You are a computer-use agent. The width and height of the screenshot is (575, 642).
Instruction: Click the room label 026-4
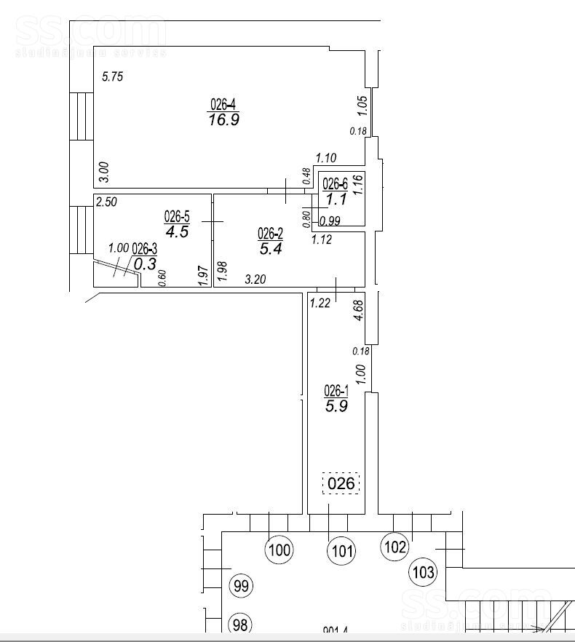[223, 105]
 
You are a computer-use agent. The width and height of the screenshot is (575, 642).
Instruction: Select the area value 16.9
[223, 120]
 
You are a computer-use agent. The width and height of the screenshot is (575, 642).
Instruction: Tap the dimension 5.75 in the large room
[114, 77]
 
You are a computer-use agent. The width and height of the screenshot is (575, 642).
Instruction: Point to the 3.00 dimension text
[104, 172]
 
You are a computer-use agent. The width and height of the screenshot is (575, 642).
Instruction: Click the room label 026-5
[176, 216]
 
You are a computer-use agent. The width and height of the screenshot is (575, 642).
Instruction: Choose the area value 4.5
[177, 232]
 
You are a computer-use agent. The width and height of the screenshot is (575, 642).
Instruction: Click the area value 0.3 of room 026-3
[146, 264]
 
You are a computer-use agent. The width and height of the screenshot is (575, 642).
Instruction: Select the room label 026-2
[271, 233]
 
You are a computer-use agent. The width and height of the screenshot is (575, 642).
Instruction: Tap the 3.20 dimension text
[255, 278]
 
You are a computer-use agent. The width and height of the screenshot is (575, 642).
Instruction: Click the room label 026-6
[336, 183]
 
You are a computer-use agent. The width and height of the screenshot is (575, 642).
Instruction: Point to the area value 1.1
[336, 199]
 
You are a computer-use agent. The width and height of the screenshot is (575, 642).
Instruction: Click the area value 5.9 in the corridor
[336, 407]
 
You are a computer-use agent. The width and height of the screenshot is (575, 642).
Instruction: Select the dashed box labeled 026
[341, 483]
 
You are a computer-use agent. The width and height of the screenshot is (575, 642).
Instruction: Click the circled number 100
[279, 550]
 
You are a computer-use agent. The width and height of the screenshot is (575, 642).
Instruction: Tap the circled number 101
[341, 551]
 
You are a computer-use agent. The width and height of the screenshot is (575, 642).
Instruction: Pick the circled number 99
[241, 585]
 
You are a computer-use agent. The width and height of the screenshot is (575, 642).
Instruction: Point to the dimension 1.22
[321, 302]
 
